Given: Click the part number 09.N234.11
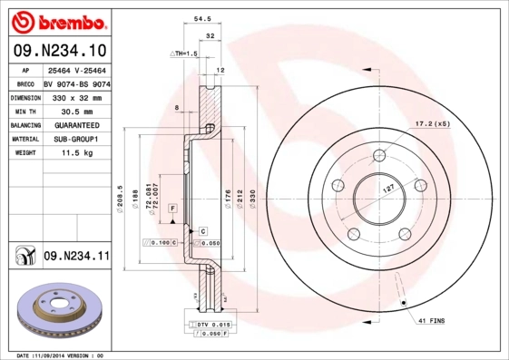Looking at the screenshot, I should pos(76,258).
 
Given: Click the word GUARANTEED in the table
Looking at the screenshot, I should pos(75,124).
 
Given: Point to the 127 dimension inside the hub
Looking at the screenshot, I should pos(387,188).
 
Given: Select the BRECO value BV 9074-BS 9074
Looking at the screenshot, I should pos(76,83).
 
